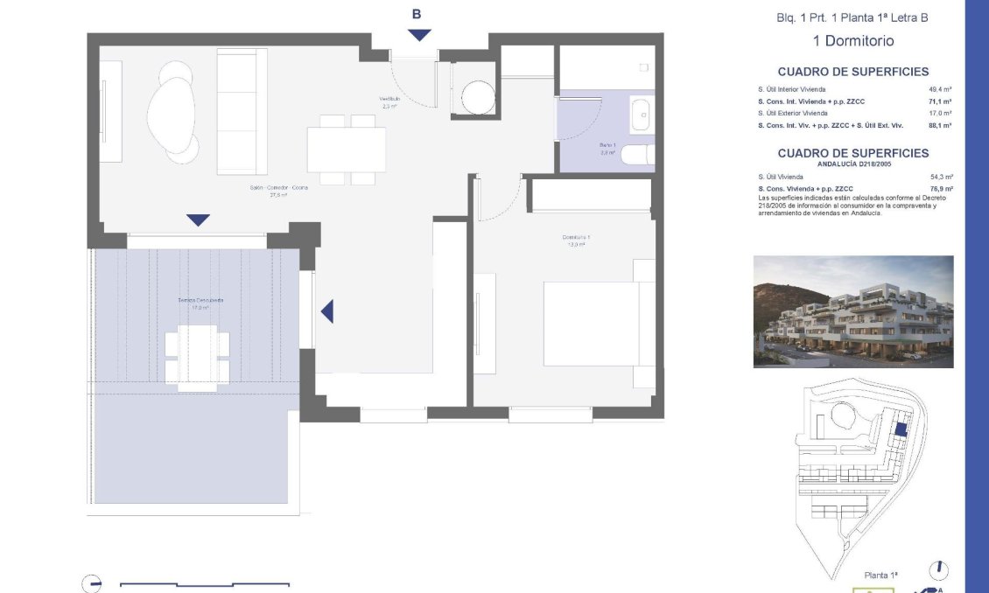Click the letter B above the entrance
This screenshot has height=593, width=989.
click(417, 14)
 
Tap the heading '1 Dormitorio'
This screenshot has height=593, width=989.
click(853, 40)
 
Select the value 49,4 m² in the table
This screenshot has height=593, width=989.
click(940, 89)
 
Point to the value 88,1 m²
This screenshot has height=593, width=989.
click(940, 125)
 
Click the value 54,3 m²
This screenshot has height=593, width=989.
click(941, 177)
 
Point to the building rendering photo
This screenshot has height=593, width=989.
click(853, 311)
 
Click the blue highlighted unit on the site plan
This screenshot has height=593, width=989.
click(901, 429)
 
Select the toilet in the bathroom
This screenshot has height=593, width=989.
click(642, 156)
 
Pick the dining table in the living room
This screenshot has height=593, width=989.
click(346, 150)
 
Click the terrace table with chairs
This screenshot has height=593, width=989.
click(198, 354)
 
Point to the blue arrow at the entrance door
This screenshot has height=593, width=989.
click(420, 35)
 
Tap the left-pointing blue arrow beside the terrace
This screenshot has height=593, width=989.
click(326, 310)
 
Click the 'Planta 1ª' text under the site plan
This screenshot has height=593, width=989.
click(880, 575)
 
